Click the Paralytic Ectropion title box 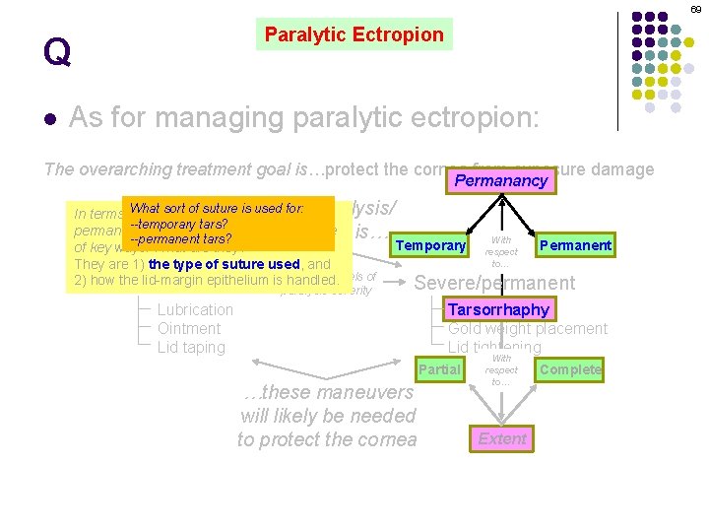(354, 34)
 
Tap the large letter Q (57, 52)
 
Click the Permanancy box (500, 181)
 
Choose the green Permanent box (575, 245)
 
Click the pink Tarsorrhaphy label (498, 309)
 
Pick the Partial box (439, 369)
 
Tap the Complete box (570, 369)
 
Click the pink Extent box (502, 438)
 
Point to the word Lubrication (195, 309)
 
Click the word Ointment (189, 328)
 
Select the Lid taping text (191, 347)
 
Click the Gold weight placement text (528, 328)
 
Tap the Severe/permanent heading (494, 283)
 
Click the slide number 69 (695, 9)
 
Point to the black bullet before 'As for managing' (49, 119)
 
